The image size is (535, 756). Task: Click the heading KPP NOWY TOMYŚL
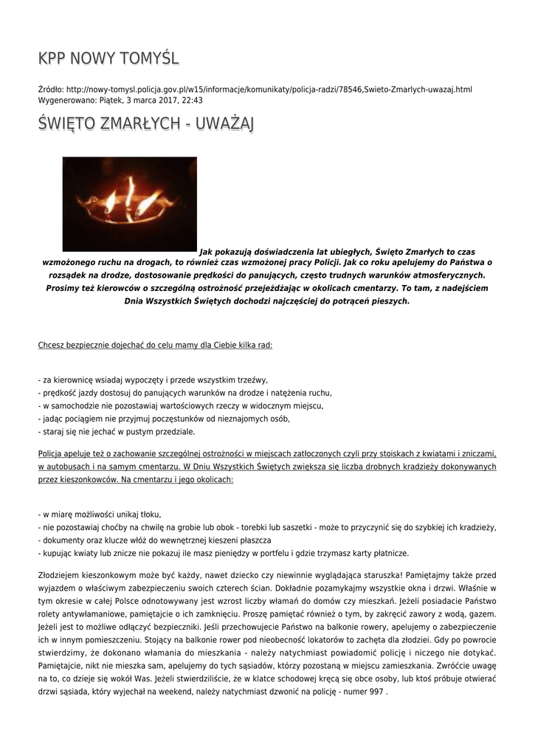pyautogui.click(x=108, y=58)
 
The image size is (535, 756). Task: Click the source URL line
pyautogui.click(x=255, y=89)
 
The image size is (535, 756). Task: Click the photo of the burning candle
pyautogui.click(x=129, y=204)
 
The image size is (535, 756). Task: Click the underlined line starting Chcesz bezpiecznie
pyautogui.click(x=155, y=344)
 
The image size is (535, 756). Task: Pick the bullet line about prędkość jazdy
pyautogui.click(x=184, y=393)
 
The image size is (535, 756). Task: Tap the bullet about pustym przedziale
pyautogui.click(x=116, y=432)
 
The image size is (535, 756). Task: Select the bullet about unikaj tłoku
pyautogui.click(x=100, y=514)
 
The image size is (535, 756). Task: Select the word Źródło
pyautogui.click(x=51, y=89)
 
